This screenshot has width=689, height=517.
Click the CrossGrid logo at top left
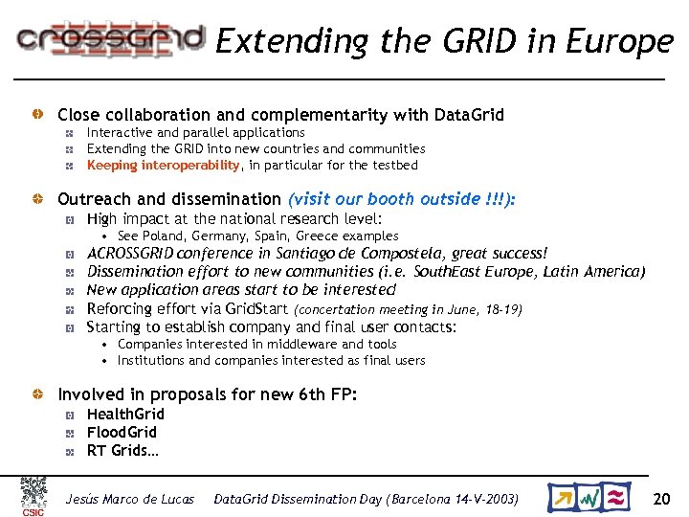point(111,38)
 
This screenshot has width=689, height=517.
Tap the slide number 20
point(661,498)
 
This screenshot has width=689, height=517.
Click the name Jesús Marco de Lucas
point(129,499)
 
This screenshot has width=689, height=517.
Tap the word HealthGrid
point(125,414)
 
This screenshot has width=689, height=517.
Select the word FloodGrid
point(122,432)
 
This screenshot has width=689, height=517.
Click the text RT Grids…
point(122,450)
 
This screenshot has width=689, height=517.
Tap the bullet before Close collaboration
point(35,115)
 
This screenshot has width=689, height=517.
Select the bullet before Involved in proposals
point(35,393)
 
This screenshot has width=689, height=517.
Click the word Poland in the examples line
point(164,236)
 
